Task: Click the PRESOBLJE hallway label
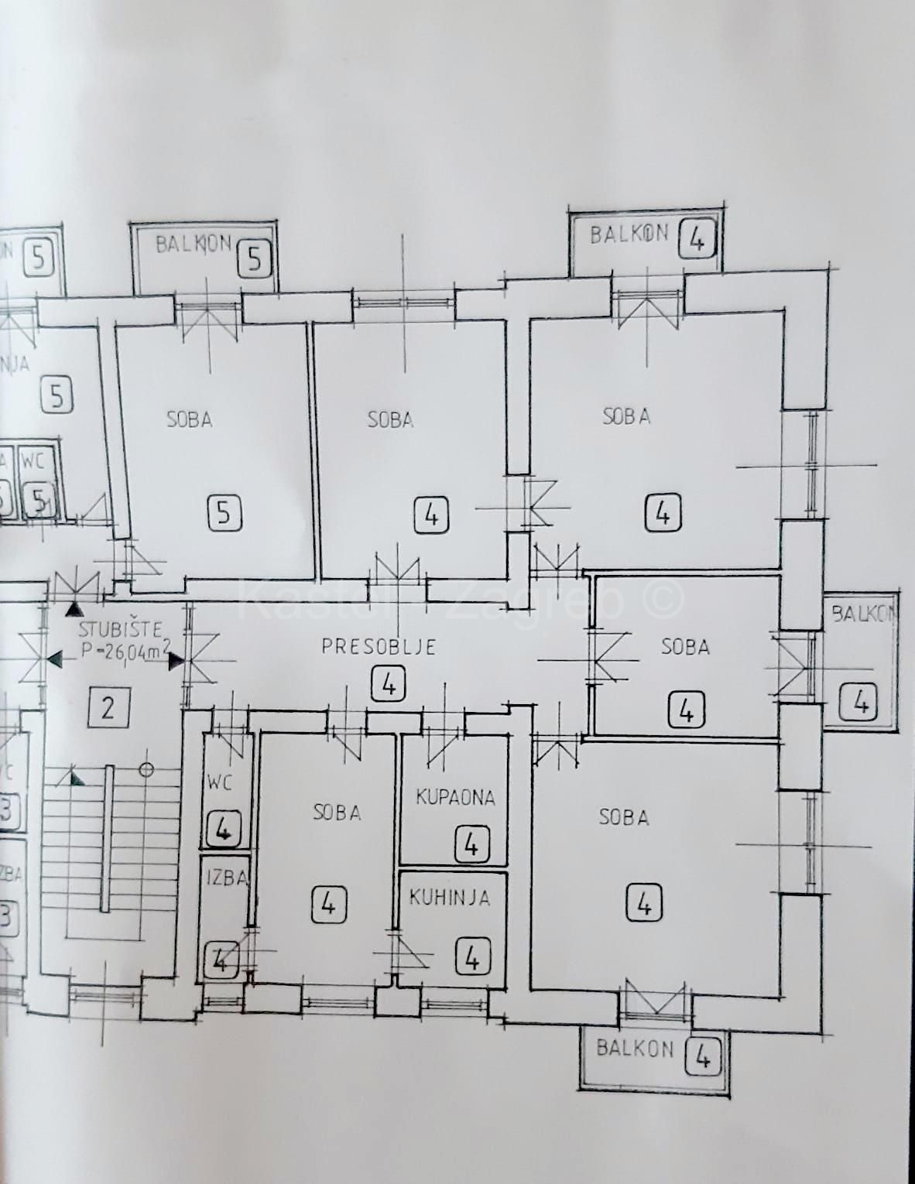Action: [x=379, y=646]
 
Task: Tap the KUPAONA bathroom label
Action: [x=455, y=797]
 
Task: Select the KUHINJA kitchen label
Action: [x=450, y=898]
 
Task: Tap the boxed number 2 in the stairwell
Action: [x=108, y=707]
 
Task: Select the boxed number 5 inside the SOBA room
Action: [x=224, y=512]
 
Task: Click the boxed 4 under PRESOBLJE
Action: [x=389, y=684]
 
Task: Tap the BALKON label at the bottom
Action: [x=635, y=1049]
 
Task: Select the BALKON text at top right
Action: [x=629, y=234]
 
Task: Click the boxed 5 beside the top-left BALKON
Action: [x=255, y=258]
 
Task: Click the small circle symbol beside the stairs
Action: [x=146, y=770]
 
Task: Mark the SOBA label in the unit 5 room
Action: [x=190, y=419]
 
